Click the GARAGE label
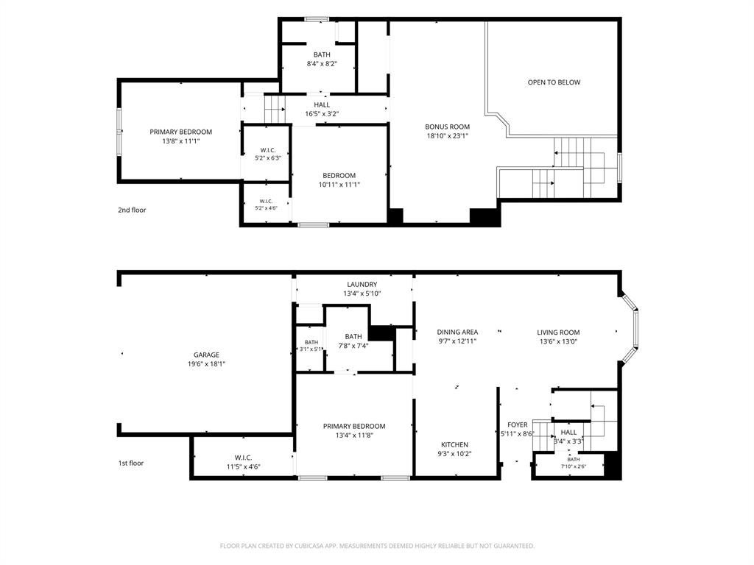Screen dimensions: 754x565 [206, 355]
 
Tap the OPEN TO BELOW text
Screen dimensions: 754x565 [554, 82]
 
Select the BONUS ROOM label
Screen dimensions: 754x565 [447, 127]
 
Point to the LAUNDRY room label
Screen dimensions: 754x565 [362, 285]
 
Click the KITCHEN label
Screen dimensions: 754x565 [454, 445]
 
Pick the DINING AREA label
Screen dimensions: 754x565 [457, 332]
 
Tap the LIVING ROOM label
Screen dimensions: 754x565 [558, 332]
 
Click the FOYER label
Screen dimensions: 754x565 [518, 424]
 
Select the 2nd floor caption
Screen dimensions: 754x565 [132, 210]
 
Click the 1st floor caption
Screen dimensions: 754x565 [131, 463]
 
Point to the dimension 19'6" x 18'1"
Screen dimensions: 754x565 [206, 364]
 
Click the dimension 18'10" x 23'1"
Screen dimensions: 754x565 [447, 136]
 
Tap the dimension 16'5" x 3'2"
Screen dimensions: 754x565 [323, 114]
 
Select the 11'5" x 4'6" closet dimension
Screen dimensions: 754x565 [243, 466]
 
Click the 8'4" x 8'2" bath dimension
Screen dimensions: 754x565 [322, 63]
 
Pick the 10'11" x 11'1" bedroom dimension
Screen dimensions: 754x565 [339, 185]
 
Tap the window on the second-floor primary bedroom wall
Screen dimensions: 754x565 [119, 132]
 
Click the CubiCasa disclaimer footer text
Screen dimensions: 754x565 [377, 546]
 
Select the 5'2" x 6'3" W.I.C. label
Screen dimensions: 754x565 [268, 157]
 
